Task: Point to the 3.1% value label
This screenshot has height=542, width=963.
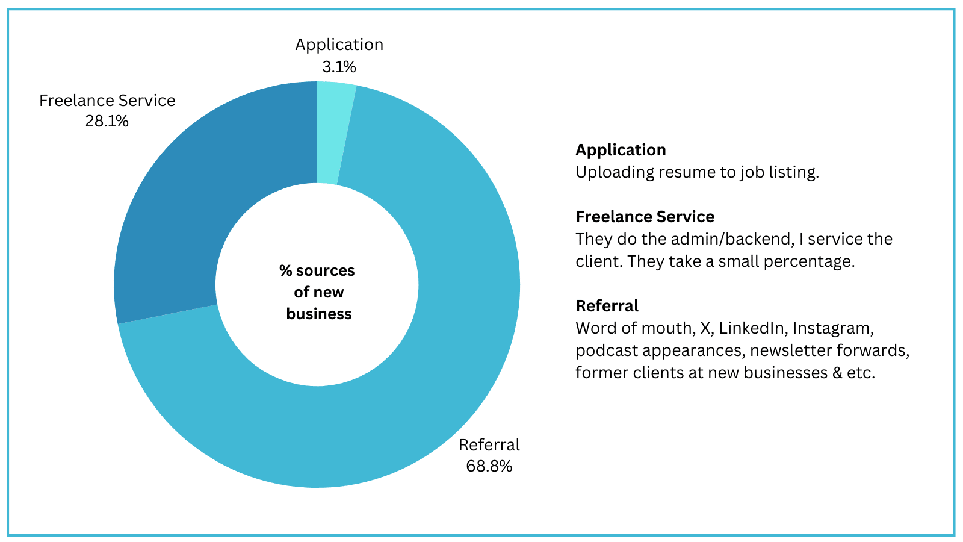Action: coord(339,67)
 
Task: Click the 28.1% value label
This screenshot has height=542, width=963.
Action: coord(107,121)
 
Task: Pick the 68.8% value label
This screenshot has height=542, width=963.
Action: coord(489,466)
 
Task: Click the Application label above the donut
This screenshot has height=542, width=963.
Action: coord(339,45)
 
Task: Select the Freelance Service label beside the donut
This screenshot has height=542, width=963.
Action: coord(107,101)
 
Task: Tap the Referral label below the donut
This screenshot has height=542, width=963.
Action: coord(489,445)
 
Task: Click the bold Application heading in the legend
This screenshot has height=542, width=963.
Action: coord(621,150)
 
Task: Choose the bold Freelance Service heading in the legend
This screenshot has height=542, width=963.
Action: coord(645,217)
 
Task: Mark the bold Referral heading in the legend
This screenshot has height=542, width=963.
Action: coord(607,306)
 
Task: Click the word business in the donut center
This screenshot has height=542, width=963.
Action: coord(319,314)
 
